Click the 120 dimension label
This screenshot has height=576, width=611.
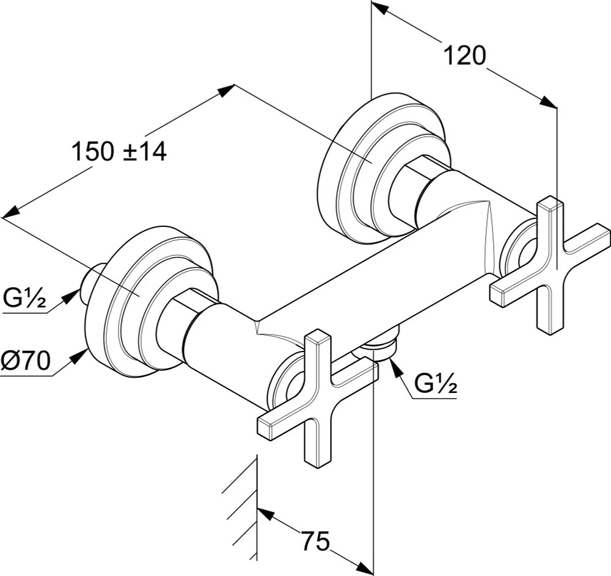465,56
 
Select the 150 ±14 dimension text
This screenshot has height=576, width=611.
119,151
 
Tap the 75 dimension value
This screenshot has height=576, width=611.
316,541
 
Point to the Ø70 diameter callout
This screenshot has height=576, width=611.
26,361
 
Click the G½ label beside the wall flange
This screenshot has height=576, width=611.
25,298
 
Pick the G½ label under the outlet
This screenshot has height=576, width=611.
436,384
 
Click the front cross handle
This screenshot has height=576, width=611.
318,398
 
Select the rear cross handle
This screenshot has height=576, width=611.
550,265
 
